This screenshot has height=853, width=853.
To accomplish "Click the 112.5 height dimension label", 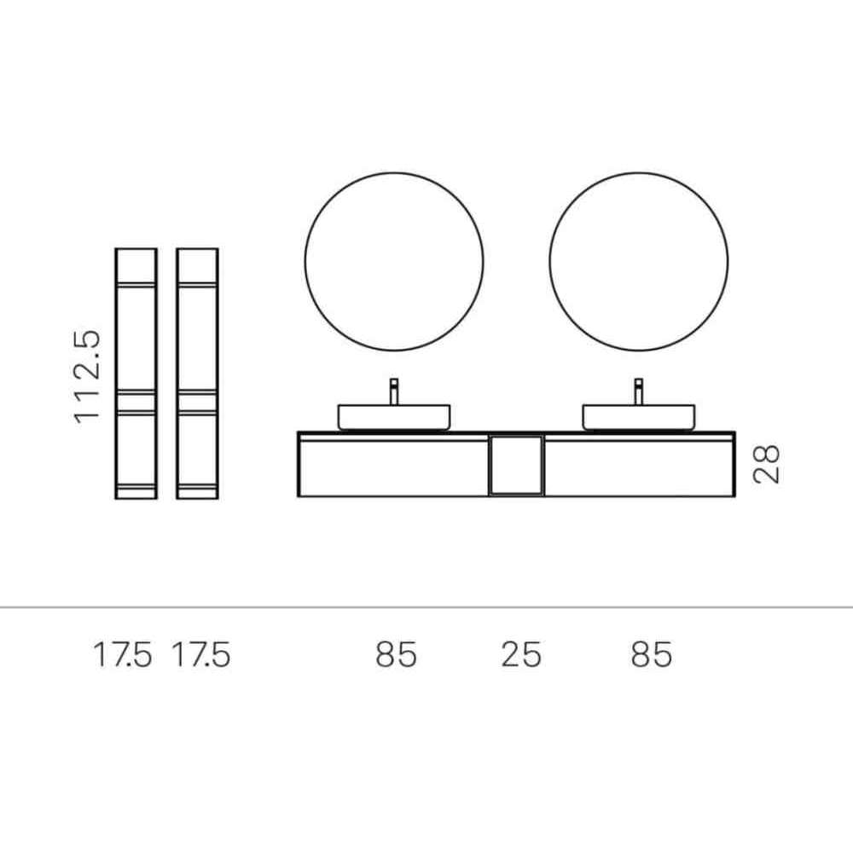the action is point(87,376).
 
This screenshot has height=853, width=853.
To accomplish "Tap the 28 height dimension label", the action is point(767,464).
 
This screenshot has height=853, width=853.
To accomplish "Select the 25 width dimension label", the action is point(521,654).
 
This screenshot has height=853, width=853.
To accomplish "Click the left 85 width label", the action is point(396,654).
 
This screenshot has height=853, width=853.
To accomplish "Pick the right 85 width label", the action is point(652,654).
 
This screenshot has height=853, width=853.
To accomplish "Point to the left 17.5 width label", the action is point(122,654).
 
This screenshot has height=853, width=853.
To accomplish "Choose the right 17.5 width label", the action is point(201,654).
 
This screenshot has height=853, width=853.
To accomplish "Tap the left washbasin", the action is point(394,417).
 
